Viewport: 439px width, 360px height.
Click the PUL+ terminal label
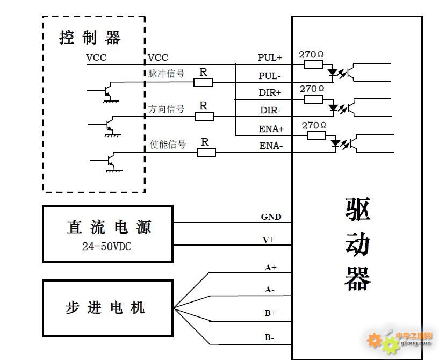(x=270, y=57)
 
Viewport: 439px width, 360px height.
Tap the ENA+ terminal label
(x=271, y=129)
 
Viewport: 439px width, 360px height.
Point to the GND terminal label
(x=271, y=217)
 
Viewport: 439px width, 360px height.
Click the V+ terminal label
(x=269, y=240)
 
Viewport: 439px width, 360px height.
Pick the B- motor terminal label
(x=269, y=337)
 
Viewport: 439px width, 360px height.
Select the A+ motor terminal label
(x=270, y=267)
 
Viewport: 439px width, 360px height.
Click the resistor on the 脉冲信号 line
(x=203, y=82)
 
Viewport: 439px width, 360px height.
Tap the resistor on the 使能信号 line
(x=206, y=153)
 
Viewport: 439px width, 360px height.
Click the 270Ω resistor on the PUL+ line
(x=313, y=64)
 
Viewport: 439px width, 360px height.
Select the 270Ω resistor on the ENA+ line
(x=316, y=135)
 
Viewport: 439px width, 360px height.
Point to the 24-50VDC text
(x=107, y=247)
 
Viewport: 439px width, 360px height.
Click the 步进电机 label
(x=105, y=308)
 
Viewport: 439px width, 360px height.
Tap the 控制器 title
(x=90, y=38)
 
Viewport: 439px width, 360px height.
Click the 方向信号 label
(x=167, y=109)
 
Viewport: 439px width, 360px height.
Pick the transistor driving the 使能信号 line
(x=110, y=161)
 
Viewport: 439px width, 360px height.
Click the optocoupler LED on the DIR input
(x=333, y=107)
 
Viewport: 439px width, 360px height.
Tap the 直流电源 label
(x=109, y=227)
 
